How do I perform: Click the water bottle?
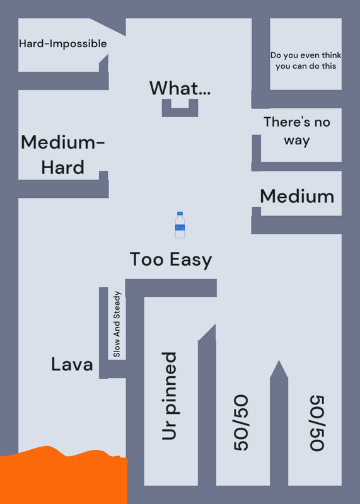click(x=180, y=225)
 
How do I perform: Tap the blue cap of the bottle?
click(x=180, y=214)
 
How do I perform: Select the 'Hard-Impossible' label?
click(x=63, y=43)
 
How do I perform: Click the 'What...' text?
click(x=180, y=88)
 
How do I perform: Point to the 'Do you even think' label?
click(x=306, y=55)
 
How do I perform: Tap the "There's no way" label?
click(x=296, y=131)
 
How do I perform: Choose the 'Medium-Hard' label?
click(x=63, y=154)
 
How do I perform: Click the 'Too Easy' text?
click(x=171, y=260)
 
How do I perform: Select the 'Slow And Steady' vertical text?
click(x=117, y=324)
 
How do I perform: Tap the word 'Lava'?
click(x=72, y=365)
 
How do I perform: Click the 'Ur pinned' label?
click(x=169, y=396)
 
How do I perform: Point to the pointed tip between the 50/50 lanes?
click(x=279, y=360)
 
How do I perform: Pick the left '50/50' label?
click(x=241, y=423)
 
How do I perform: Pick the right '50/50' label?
click(x=317, y=423)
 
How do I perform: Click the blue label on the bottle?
click(x=180, y=227)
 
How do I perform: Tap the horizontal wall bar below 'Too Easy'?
click(x=171, y=288)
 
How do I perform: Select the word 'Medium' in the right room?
click(x=297, y=196)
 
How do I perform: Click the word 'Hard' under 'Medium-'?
click(x=63, y=167)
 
